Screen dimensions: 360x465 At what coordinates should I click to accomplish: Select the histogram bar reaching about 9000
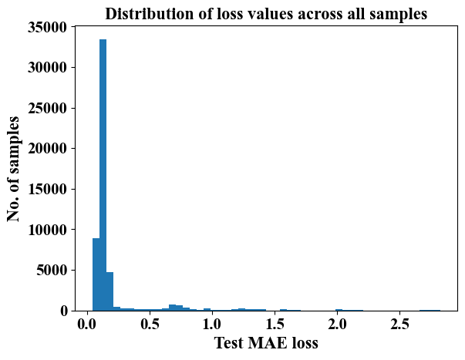click(x=96, y=274)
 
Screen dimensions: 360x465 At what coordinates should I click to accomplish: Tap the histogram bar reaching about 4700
click(x=110, y=291)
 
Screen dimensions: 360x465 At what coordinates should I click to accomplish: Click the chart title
click(x=266, y=14)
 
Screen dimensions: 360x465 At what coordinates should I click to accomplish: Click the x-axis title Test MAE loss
click(x=266, y=343)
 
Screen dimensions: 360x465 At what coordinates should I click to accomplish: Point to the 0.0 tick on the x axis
click(x=87, y=321)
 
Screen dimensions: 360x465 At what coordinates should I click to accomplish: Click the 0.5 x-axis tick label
click(x=150, y=321)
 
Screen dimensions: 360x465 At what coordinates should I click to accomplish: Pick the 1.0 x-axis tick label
click(x=212, y=321)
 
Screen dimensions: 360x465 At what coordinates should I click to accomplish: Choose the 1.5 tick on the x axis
click(x=275, y=321)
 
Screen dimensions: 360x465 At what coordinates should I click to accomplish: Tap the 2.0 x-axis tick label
click(x=337, y=321)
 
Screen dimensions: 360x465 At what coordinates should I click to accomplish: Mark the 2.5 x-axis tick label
click(x=399, y=321)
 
